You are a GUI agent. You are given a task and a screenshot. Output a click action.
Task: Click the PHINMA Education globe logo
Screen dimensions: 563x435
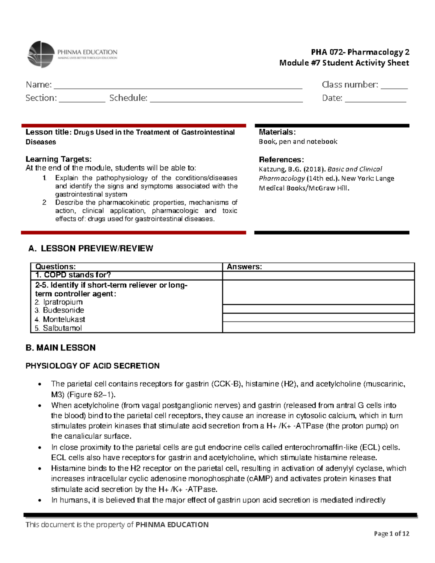pyautogui.click(x=41, y=54)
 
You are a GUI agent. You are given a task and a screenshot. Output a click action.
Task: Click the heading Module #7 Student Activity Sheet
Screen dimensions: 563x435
pyautogui.click(x=344, y=63)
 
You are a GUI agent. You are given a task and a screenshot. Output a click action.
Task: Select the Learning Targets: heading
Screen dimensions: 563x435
pyautogui.click(x=58, y=159)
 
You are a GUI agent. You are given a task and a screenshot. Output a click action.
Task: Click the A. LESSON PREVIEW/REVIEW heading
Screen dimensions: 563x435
pyautogui.click(x=91, y=249)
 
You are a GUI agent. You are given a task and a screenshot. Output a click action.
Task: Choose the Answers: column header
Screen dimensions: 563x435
pyautogui.click(x=244, y=267)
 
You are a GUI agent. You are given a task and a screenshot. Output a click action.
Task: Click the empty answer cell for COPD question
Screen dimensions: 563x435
pyautogui.click(x=318, y=276)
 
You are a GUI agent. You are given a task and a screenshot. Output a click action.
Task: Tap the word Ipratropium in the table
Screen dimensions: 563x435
pyautogui.click(x=63, y=302)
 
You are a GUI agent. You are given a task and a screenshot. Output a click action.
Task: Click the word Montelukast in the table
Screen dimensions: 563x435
pyautogui.click(x=64, y=319)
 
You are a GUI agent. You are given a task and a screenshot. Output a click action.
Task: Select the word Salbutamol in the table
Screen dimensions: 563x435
pyautogui.click(x=62, y=328)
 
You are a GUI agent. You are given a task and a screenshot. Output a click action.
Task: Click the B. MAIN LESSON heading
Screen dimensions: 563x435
pyautogui.click(x=61, y=348)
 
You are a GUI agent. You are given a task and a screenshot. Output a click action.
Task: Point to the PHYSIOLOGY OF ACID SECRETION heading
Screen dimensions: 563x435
pyautogui.click(x=92, y=366)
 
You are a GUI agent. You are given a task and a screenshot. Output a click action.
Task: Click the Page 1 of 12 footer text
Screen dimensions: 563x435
pyautogui.click(x=391, y=534)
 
